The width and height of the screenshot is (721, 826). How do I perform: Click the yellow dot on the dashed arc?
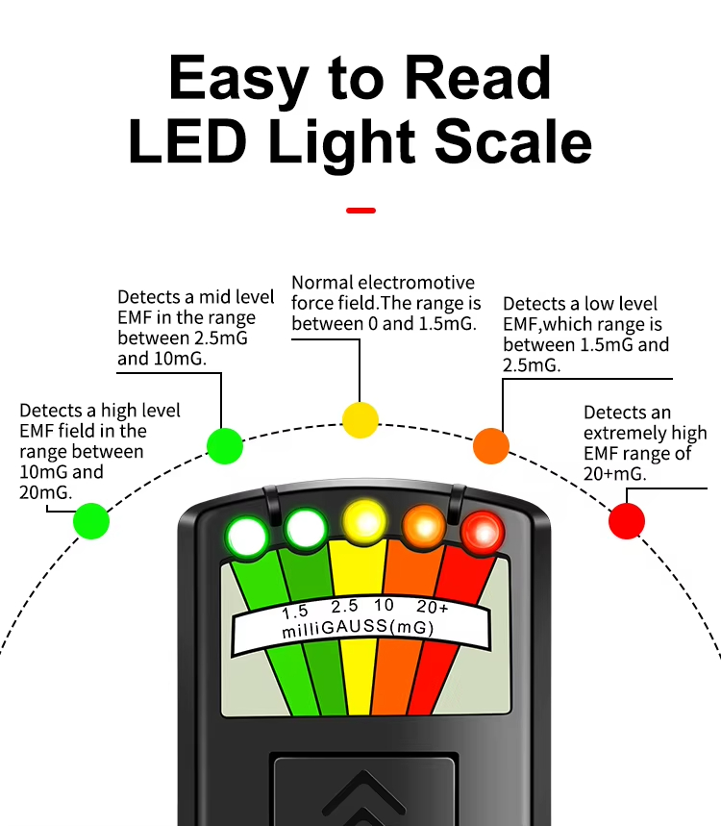(360, 420)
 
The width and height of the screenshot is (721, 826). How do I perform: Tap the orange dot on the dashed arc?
(491, 445)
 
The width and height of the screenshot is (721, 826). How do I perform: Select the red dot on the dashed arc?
(627, 521)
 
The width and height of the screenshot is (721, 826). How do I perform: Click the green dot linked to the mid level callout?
(225, 445)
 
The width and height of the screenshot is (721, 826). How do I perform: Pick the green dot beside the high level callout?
(91, 521)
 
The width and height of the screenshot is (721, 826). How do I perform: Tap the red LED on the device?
(483, 532)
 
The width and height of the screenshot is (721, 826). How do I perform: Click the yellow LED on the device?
(364, 522)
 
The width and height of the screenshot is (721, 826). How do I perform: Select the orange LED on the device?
(424, 526)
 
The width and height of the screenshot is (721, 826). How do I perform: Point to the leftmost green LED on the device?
(247, 537)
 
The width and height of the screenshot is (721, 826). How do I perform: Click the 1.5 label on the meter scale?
(295, 612)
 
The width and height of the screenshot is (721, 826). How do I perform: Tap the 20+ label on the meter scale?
(433, 607)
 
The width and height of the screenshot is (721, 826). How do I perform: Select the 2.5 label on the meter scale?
(344, 607)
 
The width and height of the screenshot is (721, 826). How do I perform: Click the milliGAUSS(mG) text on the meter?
(359, 628)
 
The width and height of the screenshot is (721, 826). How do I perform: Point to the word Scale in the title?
(513, 141)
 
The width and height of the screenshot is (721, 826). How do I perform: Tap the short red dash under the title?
(360, 211)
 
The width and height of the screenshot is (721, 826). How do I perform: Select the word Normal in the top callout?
(322, 283)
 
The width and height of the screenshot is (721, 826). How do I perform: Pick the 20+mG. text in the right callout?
(614, 474)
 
